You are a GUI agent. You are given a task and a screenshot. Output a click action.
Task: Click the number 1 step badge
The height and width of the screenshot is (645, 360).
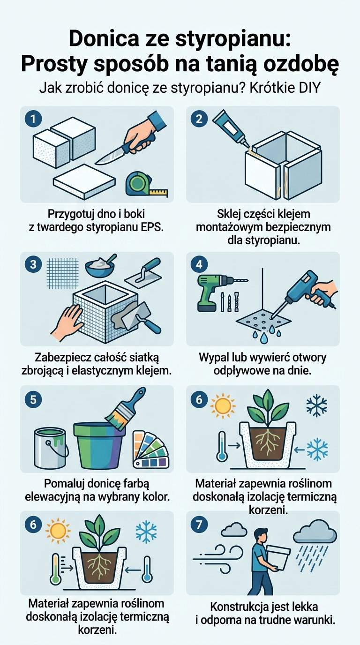click(x=33, y=119)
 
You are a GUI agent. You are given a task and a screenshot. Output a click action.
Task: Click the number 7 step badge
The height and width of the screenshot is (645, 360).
click(x=199, y=525)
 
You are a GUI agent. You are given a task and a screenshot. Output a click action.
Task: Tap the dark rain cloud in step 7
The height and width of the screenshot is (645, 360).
click(x=315, y=532)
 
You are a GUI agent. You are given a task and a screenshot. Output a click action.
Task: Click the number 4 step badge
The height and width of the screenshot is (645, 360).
click(x=199, y=264)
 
